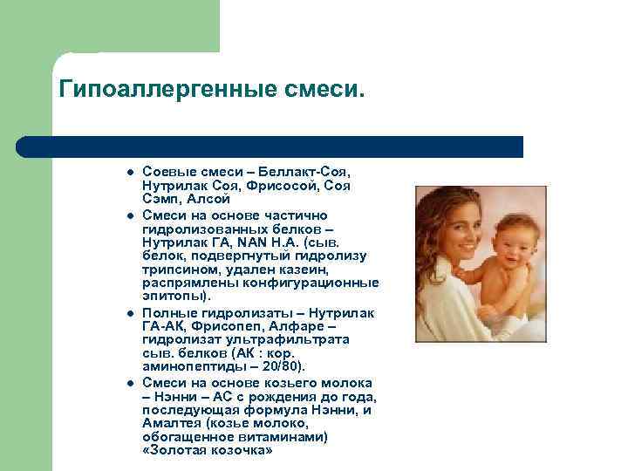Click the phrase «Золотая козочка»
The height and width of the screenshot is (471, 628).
coord(206,450)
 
